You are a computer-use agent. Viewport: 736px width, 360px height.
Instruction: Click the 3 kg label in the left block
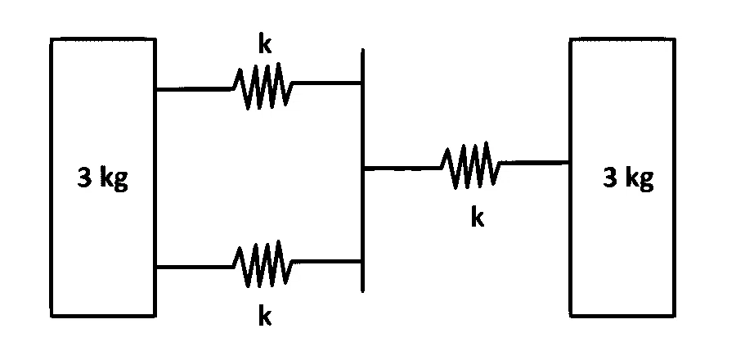point(102,179)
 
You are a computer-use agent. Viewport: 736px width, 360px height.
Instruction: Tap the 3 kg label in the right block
point(628,179)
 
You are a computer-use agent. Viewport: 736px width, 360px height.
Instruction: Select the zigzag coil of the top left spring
point(263,87)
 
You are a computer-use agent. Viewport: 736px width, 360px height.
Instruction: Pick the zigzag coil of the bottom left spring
point(263,263)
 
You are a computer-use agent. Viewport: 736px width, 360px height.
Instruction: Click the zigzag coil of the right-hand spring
point(470,165)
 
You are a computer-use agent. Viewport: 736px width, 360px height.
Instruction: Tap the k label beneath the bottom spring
point(265,316)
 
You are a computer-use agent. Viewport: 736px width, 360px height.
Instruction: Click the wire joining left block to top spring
point(195,88)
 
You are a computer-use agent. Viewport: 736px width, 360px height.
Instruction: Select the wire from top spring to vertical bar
point(327,83)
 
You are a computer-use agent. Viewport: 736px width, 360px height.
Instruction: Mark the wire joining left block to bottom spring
point(195,267)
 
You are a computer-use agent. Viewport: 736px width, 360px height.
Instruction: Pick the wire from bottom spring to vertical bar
point(327,261)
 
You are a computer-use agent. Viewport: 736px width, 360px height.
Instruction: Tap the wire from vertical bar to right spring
point(402,168)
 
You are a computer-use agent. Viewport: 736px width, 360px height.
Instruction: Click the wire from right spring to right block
point(535,162)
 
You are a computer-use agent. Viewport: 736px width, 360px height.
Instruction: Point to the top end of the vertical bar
point(362,49)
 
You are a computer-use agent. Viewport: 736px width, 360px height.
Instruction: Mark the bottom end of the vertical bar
point(362,291)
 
